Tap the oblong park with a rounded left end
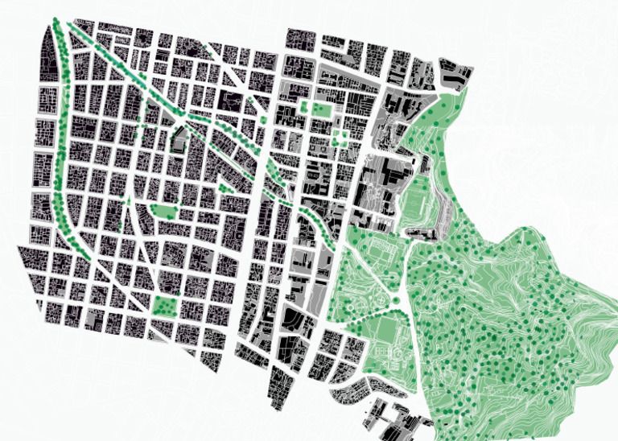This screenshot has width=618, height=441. pos(164,211)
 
